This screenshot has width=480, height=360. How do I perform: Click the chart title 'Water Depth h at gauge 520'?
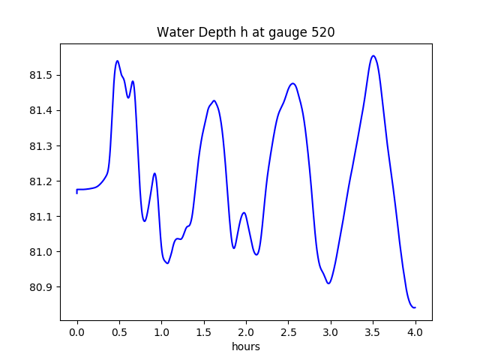pyautogui.click(x=245, y=32)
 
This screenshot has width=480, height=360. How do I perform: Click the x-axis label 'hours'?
pyautogui.click(x=246, y=347)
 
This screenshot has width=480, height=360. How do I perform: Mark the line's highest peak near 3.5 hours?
pyautogui.click(x=373, y=55)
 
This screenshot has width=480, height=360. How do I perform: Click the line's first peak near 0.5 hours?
pyautogui.click(x=118, y=61)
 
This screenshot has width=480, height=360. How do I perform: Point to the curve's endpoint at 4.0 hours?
pyautogui.click(x=415, y=307)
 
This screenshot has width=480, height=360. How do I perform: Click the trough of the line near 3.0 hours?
pyautogui.click(x=328, y=283)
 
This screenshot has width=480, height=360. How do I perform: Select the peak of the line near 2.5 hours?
pyautogui.click(x=292, y=83)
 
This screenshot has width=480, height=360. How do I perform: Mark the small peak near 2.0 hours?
pyautogui.click(x=244, y=212)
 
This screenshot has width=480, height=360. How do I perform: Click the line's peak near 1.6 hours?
pyautogui.click(x=214, y=100)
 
